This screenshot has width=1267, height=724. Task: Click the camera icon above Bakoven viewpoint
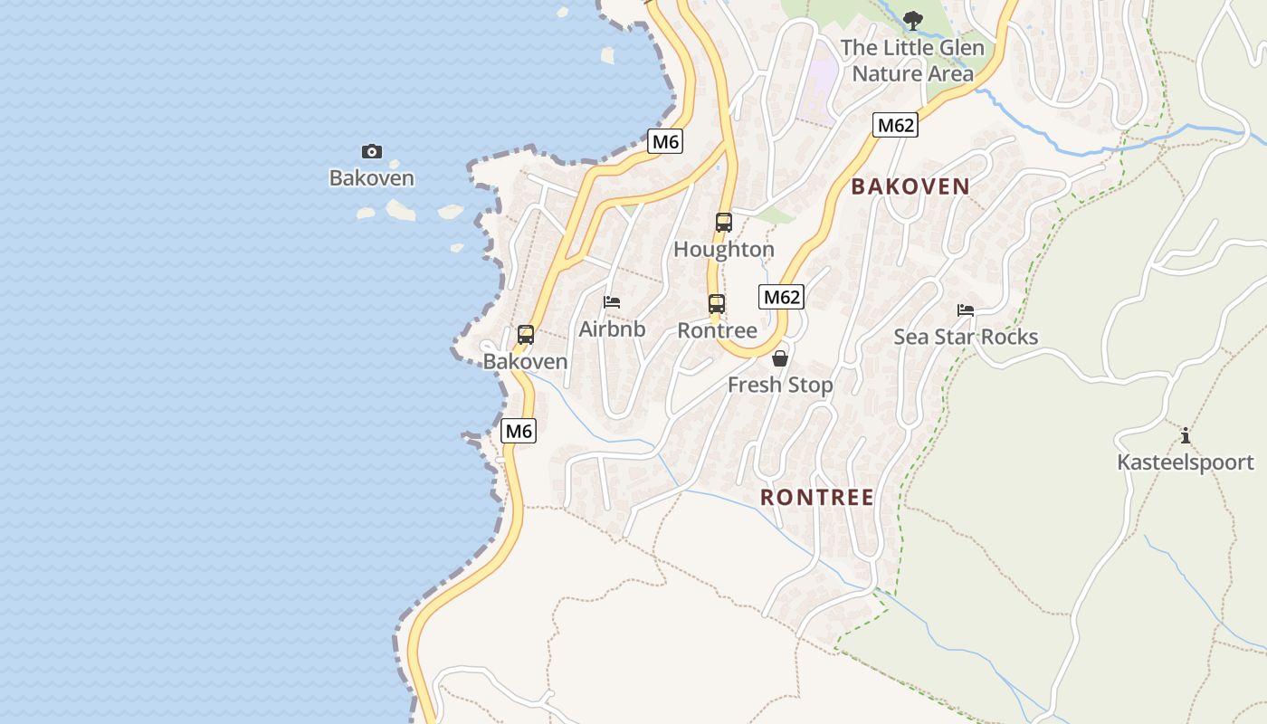point(371,151)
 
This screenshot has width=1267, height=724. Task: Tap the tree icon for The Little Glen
point(913,19)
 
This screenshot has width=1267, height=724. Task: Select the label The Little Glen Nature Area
point(912,61)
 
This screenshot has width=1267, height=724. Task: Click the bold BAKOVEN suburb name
point(910,186)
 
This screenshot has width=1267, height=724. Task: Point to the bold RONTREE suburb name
point(817,497)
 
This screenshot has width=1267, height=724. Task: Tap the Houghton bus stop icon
point(724,222)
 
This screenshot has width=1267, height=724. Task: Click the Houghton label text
point(724,250)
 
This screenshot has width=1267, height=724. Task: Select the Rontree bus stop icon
point(717,303)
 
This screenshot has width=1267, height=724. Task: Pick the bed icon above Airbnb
point(613,302)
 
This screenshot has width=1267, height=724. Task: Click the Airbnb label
point(613,329)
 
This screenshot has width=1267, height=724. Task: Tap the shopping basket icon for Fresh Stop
point(780,358)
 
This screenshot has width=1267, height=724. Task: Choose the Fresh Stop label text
point(780,386)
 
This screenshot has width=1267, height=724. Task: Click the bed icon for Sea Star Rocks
point(966,310)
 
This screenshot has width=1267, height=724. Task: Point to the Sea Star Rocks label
point(966,338)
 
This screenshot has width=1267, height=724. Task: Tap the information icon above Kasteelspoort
point(1186,435)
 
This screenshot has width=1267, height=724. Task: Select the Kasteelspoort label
point(1186,462)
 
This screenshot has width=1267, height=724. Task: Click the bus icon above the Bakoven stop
point(526,335)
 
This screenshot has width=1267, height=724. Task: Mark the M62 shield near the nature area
point(895,125)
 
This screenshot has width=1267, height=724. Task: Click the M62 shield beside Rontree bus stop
point(781,296)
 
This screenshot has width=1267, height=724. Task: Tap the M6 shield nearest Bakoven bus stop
point(519,431)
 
